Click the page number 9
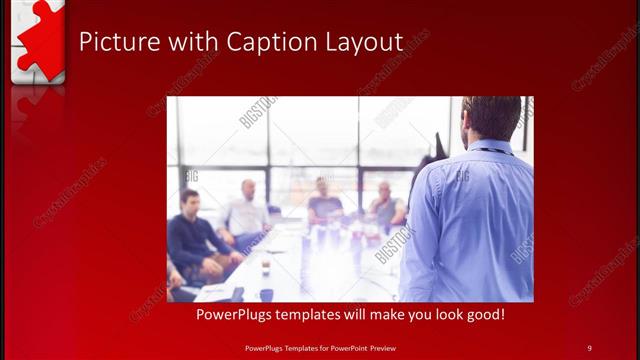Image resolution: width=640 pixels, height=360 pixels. click(x=589, y=347)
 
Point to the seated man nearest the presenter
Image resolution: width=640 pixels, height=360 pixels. click(x=385, y=205)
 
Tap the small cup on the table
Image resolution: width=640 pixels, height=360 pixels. click(x=265, y=267)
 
